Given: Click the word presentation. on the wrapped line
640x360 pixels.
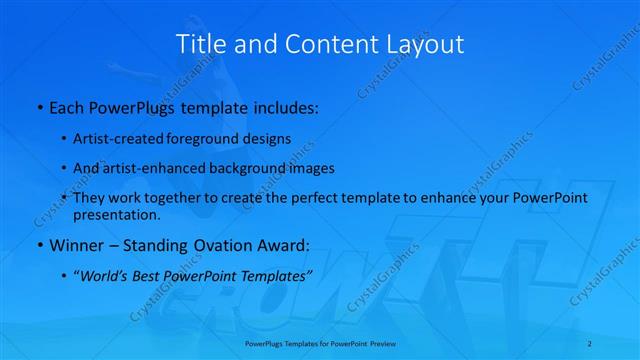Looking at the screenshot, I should coord(117,214).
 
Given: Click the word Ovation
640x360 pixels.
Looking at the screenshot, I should coord(221,245).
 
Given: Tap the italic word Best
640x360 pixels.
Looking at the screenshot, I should coord(150,274).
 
